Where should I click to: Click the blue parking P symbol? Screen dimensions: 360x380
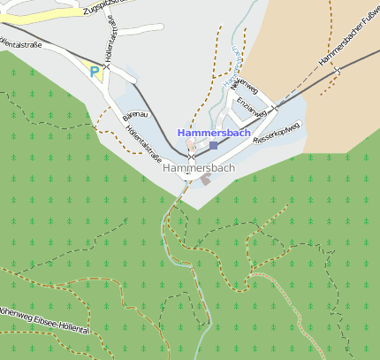[x=94, y=72]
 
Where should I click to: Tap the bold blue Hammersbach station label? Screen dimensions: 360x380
[x=214, y=133]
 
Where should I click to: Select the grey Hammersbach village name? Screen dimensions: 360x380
[x=200, y=167]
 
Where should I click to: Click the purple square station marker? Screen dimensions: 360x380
[x=213, y=145]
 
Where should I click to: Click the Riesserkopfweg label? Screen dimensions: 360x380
[x=277, y=134]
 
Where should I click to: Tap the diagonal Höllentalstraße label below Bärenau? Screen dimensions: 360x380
[x=143, y=143]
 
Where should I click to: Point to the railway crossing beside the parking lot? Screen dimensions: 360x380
[x=106, y=65]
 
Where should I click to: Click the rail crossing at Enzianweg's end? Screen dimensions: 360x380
[x=275, y=107]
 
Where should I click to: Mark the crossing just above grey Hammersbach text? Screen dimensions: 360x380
[x=190, y=157]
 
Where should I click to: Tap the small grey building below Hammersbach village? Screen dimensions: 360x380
[x=206, y=180]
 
